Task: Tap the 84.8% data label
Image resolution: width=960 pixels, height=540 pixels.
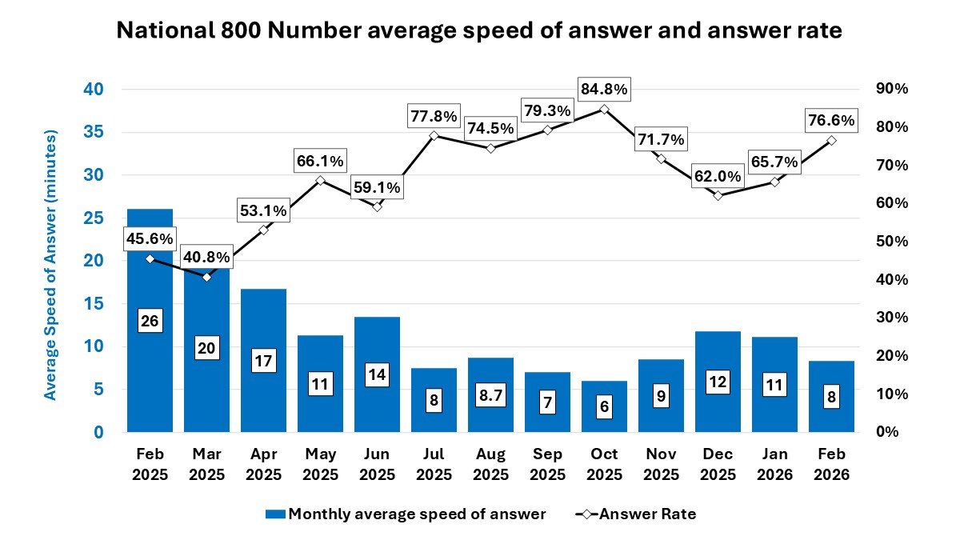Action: coord(604,89)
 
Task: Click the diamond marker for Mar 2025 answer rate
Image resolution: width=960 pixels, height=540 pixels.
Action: coord(206,277)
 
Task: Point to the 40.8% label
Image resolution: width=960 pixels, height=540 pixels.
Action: coord(206,258)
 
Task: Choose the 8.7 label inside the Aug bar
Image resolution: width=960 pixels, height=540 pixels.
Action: coord(490,395)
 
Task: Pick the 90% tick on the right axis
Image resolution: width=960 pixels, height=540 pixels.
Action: coord(889,89)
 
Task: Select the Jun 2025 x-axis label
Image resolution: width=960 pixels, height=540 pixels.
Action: coord(377,464)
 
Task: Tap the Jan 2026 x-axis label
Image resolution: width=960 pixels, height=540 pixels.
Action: coord(774,464)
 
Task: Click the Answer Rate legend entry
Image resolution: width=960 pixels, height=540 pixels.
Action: coord(636,514)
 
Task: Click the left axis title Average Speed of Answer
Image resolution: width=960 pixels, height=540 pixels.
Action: coord(50,264)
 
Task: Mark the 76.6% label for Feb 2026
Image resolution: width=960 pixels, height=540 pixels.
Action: coord(831,121)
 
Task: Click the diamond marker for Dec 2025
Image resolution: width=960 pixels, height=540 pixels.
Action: coord(718,195)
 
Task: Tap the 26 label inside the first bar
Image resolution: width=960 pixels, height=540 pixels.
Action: coord(150,321)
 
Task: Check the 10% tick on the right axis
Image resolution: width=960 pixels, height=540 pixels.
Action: coord(889,394)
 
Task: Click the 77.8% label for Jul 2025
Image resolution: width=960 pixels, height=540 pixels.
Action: coord(434,116)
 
